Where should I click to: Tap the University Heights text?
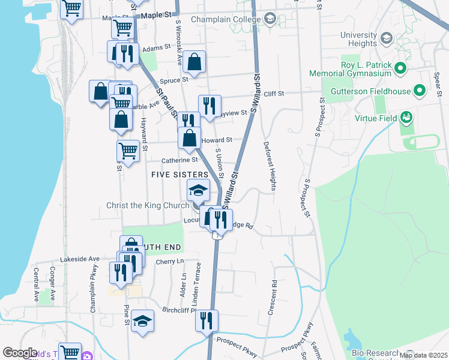tap(358, 39)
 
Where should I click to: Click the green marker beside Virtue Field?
tap(407, 118)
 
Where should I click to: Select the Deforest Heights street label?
tap(270, 166)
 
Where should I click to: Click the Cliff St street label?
tap(273, 94)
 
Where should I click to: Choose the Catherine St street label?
tap(179, 160)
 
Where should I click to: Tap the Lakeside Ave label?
tap(79, 259)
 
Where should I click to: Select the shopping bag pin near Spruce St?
tap(195, 61)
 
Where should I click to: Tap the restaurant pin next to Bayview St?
tap(209, 106)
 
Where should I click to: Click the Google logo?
tap(20, 353)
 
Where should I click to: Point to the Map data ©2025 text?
tap(423, 355)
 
